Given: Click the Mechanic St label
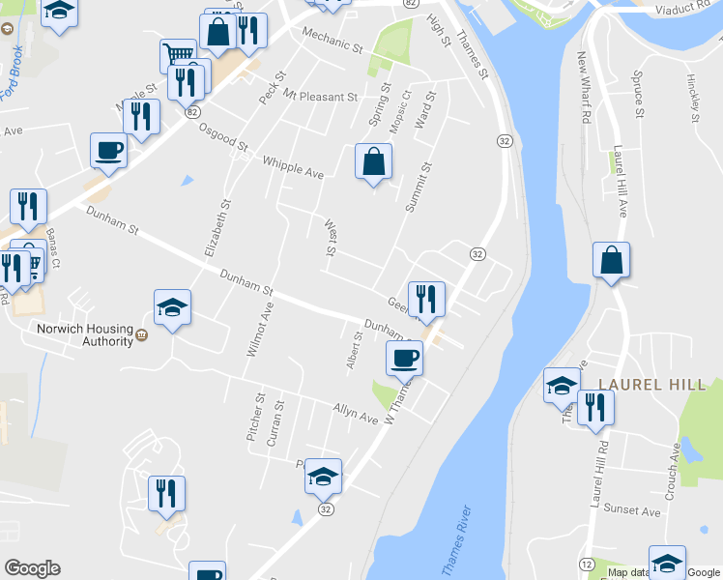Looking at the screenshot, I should click(332, 40).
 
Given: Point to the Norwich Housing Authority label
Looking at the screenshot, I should click(72, 333).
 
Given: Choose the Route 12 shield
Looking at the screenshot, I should click(587, 564).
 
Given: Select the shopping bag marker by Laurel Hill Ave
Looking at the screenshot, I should click(611, 260).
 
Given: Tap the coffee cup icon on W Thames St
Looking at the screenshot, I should click(404, 357).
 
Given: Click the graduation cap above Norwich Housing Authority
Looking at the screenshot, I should click(172, 308).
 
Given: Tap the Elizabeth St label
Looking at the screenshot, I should click(218, 227).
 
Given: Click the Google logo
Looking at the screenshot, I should click(33, 568).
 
